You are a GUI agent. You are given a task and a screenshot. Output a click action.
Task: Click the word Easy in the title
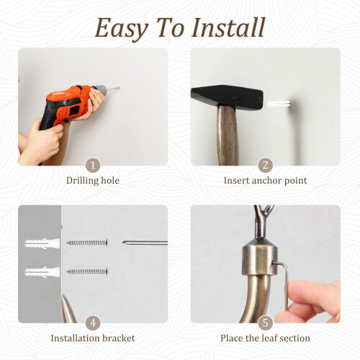(x=121, y=29)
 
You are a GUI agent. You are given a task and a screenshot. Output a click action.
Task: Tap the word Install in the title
(x=228, y=27)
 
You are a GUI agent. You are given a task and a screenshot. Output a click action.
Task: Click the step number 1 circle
(x=93, y=165)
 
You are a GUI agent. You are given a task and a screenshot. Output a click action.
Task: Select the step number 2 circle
(x=265, y=165)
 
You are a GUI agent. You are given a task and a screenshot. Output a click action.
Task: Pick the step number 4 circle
(x=93, y=323)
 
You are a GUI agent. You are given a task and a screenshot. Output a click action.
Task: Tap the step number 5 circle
(x=265, y=323)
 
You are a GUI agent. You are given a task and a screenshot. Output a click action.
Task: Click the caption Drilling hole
(x=93, y=181)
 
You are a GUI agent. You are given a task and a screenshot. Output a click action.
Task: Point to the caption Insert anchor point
(x=265, y=181)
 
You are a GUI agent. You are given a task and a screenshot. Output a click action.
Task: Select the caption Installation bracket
(x=93, y=338)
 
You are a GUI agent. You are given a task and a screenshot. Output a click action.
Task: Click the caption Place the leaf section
(x=265, y=338)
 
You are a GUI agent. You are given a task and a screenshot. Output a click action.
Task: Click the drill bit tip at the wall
(x=119, y=88)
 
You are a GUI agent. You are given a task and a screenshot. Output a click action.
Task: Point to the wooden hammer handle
(x=228, y=135)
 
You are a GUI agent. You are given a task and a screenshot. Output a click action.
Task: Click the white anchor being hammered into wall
(x=279, y=104)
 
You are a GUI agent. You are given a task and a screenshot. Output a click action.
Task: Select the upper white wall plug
(x=42, y=243)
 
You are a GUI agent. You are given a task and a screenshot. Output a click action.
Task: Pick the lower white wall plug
(x=42, y=272)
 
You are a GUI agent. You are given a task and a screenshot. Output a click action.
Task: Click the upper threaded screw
(x=87, y=243)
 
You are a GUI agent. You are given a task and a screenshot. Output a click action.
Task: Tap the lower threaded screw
(x=87, y=271)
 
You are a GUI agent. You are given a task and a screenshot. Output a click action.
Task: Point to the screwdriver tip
(x=124, y=243)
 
